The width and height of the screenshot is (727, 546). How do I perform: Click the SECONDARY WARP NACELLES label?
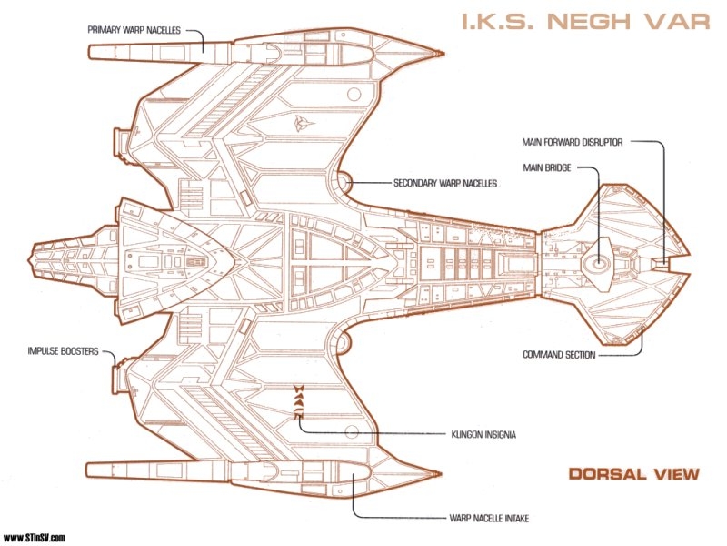tap(445, 183)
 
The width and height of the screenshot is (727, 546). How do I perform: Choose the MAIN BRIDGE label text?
tap(545, 167)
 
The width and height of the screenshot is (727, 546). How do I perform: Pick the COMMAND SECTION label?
tap(559, 355)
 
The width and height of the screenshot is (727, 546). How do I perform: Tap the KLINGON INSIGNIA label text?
tap(483, 435)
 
